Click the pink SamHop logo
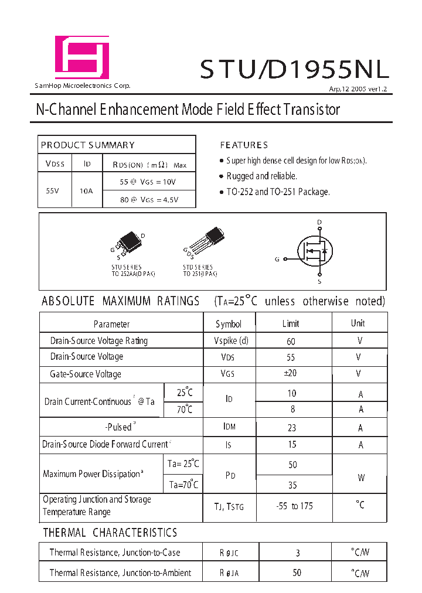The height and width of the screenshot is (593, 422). (x=81, y=57)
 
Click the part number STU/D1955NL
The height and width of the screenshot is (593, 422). (x=294, y=70)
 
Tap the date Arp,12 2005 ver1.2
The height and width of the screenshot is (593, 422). (x=358, y=89)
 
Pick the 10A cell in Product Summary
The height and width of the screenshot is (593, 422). (x=86, y=190)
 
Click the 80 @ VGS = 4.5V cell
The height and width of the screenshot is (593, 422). (x=149, y=199)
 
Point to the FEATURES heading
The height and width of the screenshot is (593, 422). (x=244, y=145)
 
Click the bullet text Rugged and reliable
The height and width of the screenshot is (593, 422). (x=261, y=176)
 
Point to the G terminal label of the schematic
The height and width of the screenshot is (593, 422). (x=277, y=258)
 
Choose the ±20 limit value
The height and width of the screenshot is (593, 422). (x=291, y=373)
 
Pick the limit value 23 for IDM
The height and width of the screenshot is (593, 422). (x=292, y=428)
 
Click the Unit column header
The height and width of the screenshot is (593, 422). (x=358, y=323)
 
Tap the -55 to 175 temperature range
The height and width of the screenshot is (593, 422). (x=294, y=506)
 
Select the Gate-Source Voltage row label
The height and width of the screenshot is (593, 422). (x=86, y=374)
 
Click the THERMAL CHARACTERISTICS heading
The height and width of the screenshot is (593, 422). (x=110, y=533)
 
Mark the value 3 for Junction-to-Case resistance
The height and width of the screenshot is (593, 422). (x=298, y=553)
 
